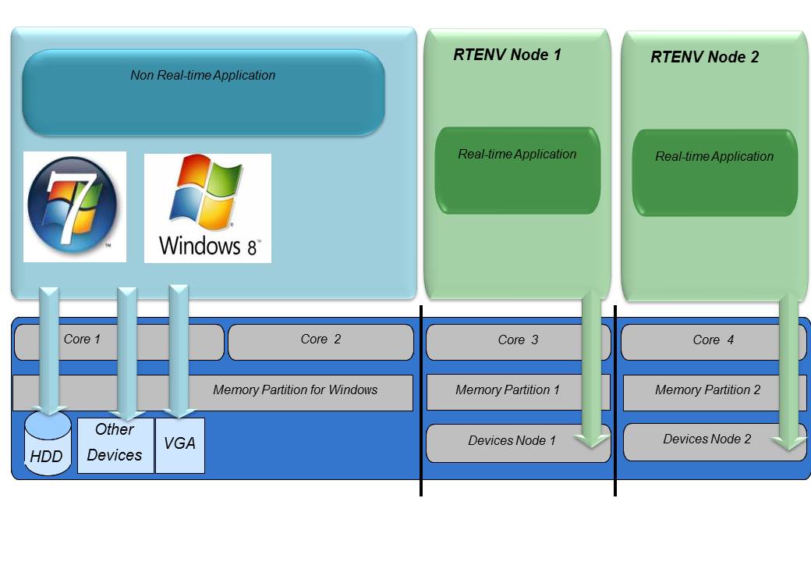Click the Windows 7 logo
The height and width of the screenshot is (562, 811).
[x=74, y=206]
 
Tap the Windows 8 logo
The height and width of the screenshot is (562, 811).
[x=207, y=208]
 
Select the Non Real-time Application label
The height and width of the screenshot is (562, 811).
[x=203, y=76]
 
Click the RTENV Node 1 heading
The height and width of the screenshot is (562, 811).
[x=507, y=55]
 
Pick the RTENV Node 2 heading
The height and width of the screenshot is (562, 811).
[x=704, y=57]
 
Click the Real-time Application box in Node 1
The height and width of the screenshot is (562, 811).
[x=517, y=170]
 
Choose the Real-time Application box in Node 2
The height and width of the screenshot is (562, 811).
[x=714, y=173]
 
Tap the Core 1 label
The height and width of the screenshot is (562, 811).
[x=82, y=340]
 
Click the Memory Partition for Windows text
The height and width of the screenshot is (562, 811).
[x=295, y=389]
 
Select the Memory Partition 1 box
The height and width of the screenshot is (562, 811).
[x=508, y=389]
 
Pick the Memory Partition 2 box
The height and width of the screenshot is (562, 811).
[x=707, y=389]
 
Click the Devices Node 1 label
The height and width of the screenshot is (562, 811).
[x=512, y=441]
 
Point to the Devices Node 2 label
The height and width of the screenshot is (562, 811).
[x=707, y=439]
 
